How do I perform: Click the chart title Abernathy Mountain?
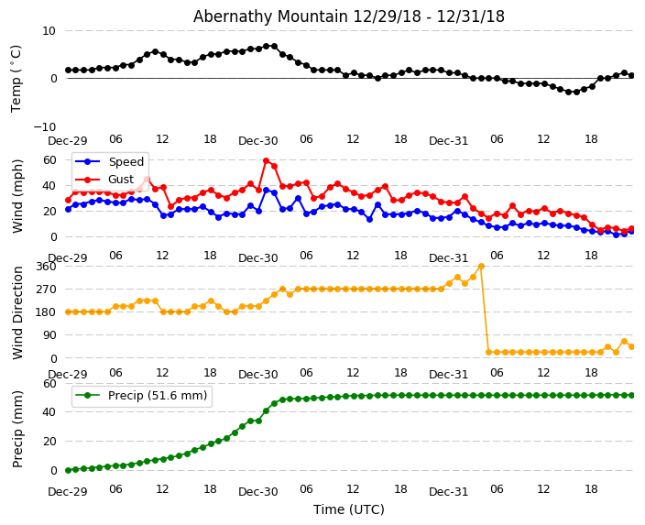[348, 16]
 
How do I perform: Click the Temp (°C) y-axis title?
[16, 78]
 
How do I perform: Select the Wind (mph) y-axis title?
[17, 195]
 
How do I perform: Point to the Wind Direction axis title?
[17, 312]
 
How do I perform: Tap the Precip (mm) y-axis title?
[17, 428]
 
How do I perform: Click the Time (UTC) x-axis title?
[348, 509]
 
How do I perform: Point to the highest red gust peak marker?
[266, 160]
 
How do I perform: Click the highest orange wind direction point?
[481, 266]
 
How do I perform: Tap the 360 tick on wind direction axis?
[45, 266]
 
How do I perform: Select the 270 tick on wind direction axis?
[45, 289]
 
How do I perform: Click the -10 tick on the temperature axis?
[46, 126]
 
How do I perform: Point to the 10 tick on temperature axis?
[49, 30]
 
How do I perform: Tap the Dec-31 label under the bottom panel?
[448, 492]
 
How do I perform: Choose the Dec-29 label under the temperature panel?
[68, 141]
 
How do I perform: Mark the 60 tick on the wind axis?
[49, 159]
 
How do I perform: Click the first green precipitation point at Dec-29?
[68, 470]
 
